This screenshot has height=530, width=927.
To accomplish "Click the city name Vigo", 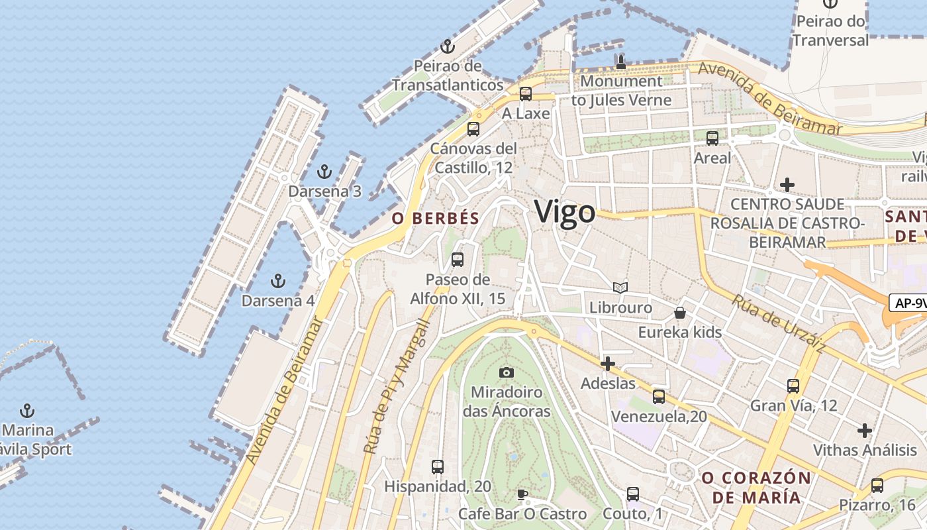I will (565, 212).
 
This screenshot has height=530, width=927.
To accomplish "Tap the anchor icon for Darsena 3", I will (324, 172).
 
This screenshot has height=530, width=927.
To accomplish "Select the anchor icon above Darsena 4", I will (278, 281).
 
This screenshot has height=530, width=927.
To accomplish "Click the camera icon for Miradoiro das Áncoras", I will (507, 372).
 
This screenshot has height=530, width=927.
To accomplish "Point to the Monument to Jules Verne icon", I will (620, 62).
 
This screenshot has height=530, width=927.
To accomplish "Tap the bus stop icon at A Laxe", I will (526, 94).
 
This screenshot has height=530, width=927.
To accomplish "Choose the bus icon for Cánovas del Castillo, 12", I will (473, 129).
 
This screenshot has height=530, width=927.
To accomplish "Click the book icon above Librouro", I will (620, 288).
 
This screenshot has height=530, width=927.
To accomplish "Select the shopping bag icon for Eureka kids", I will (679, 313).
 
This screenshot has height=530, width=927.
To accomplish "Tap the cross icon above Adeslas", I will (607, 363).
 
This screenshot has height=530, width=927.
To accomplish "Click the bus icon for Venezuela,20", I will (658, 397).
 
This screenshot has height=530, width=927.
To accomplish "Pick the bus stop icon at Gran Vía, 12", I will (793, 386).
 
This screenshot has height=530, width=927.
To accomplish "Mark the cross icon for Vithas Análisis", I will (864, 431).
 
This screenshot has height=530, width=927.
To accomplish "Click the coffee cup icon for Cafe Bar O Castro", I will (522, 494).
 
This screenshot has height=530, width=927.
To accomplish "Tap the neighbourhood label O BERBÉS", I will (435, 219).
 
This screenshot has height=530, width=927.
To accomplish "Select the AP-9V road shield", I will (908, 303).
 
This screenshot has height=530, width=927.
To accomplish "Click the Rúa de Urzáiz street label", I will (778, 323).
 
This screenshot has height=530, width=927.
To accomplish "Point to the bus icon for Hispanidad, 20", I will (438, 467).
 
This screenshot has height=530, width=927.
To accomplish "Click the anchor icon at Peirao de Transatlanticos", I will (448, 46).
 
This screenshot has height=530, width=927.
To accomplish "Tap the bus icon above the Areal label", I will (712, 138).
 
